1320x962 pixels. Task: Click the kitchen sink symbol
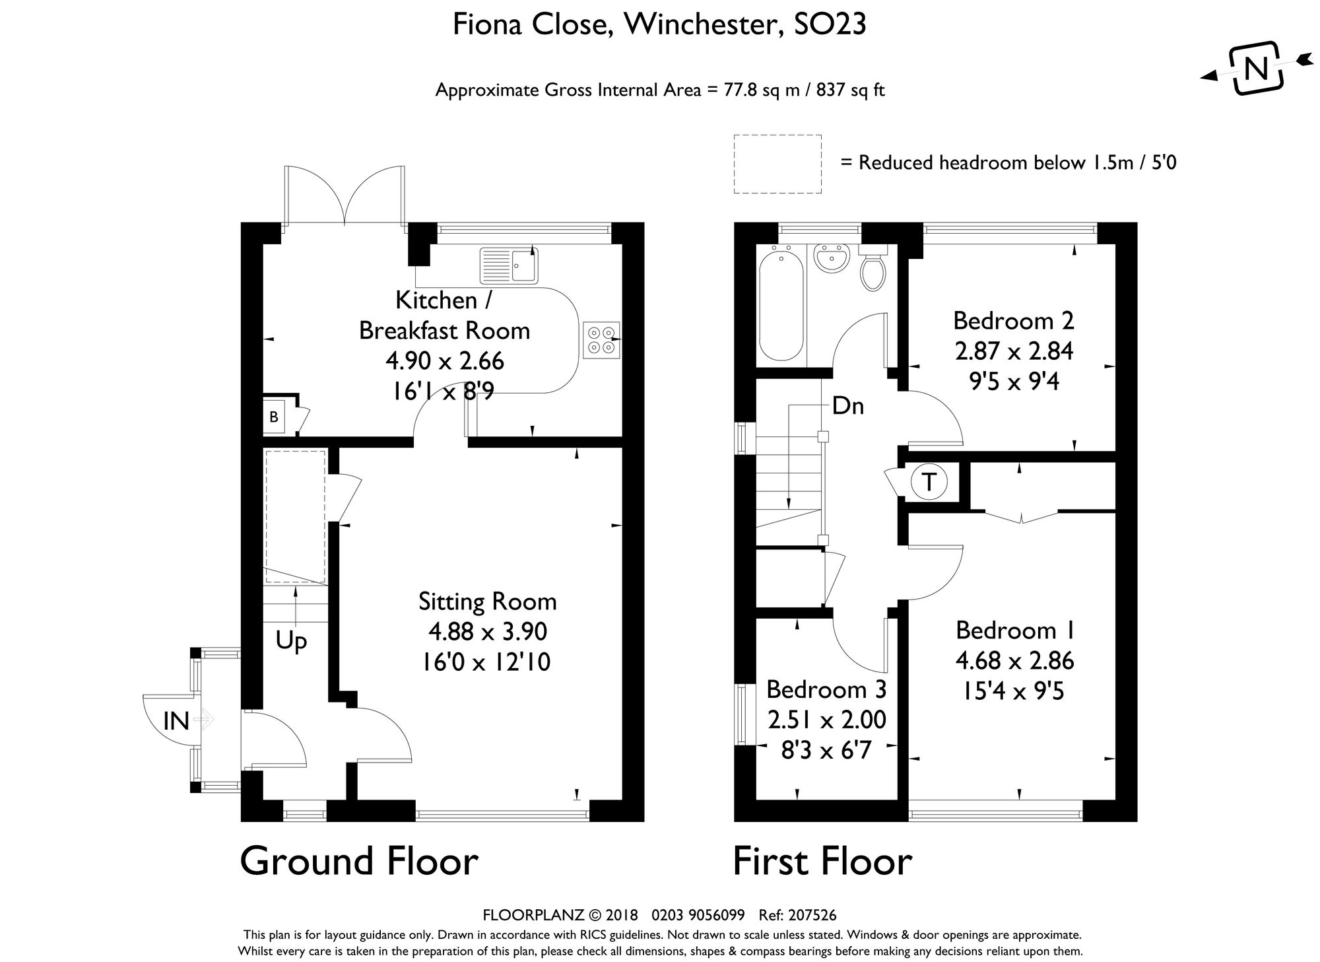coord(509,265)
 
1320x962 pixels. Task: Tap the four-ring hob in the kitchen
coord(602,340)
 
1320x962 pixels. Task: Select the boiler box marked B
coord(274,417)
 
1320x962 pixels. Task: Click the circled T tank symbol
coord(928,483)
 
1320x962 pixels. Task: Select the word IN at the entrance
coord(176,722)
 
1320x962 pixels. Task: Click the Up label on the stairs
coord(291,640)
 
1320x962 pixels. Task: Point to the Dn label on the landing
coord(848,406)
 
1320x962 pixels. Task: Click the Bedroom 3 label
coord(826,689)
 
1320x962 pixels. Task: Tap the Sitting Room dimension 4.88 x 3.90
coord(487,632)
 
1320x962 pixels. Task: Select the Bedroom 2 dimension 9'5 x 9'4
coord(1014,382)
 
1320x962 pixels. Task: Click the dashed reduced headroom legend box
coord(777,164)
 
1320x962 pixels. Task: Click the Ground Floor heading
coord(359,862)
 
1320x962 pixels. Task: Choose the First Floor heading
coord(822,862)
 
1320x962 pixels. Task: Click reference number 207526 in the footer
coord(812,915)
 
